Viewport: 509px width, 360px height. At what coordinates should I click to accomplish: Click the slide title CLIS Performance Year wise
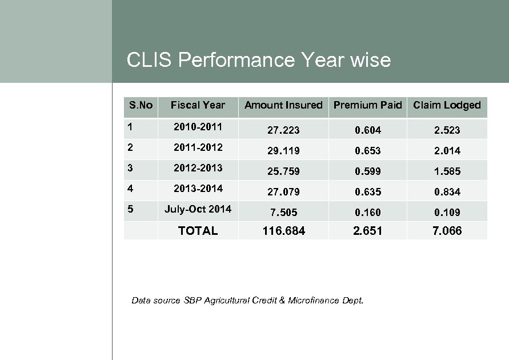[x=258, y=60]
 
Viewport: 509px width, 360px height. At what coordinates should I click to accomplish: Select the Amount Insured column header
[x=283, y=105]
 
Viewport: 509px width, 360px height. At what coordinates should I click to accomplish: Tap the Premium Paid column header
[x=367, y=105]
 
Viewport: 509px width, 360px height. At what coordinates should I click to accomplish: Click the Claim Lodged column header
[x=447, y=105]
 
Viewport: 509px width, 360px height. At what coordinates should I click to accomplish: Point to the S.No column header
[x=141, y=105]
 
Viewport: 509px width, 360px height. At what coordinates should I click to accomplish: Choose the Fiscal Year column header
[x=198, y=105]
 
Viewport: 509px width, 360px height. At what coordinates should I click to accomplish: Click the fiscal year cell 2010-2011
[x=198, y=126]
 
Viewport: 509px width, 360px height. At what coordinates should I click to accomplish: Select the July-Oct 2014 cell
[x=198, y=209]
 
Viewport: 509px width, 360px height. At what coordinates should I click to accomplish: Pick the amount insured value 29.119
[x=284, y=151]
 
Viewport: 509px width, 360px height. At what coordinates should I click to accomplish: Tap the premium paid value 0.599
[x=367, y=171]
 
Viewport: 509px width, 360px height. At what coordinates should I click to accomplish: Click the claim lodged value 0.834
[x=447, y=192]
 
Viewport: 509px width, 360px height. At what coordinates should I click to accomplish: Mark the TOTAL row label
[x=198, y=231]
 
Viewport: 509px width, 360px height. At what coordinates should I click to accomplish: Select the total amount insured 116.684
[x=284, y=231]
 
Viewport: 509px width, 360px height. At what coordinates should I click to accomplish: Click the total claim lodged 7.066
[x=447, y=231]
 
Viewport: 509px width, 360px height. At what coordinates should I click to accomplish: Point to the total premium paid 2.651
[x=367, y=231]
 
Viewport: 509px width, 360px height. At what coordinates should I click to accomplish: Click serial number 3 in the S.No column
[x=131, y=168]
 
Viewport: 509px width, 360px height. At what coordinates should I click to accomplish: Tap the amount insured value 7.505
[x=284, y=213]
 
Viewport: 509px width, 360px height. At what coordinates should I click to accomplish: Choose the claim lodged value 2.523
[x=447, y=130]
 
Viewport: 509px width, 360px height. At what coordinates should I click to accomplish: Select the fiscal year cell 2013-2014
[x=198, y=188]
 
